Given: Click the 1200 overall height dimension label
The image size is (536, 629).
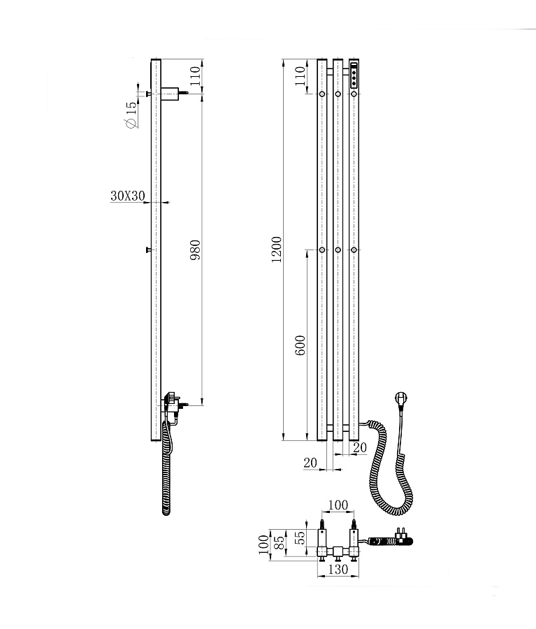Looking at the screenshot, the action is click(277, 250).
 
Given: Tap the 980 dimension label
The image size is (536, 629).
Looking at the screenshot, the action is click(195, 250).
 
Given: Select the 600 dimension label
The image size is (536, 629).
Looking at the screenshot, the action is click(300, 345).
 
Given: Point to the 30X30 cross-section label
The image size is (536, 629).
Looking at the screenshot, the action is click(128, 196).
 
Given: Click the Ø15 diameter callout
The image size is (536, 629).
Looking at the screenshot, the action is click(131, 115).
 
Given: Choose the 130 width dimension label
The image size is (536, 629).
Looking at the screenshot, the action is click(338, 569).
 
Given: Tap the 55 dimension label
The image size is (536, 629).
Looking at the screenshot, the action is click(300, 537).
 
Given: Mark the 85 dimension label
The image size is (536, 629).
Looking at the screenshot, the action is click(280, 543).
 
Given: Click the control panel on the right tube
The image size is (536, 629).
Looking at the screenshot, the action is click(354, 75).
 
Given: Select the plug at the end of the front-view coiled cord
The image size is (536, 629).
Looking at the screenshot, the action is click(401, 399).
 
